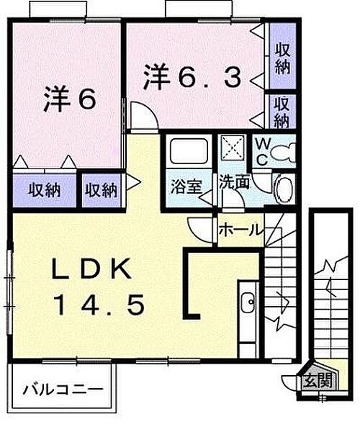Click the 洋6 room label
70,99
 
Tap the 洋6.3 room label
192,76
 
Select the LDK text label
91,269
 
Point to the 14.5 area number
100,305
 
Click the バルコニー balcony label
63,390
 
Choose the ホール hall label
240,230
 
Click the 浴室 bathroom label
186,186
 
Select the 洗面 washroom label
235,182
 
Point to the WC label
261,151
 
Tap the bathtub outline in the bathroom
189,151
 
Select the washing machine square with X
233,148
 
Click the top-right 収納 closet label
283,59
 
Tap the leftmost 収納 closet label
45,190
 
